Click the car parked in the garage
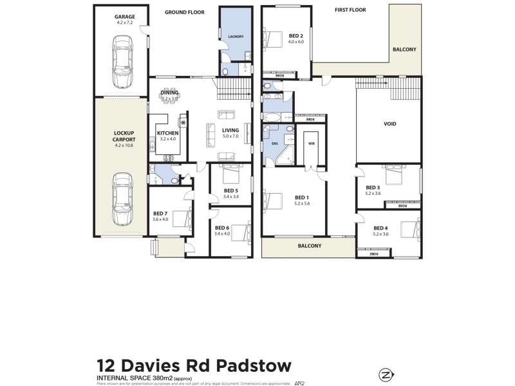(x=122, y=61)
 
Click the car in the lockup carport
(x=122, y=199)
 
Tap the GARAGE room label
(x=124, y=16)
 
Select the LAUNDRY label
(x=235, y=37)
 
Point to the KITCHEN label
(x=167, y=133)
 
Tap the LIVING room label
(x=230, y=130)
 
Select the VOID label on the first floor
(x=389, y=124)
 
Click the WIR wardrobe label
(x=311, y=143)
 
